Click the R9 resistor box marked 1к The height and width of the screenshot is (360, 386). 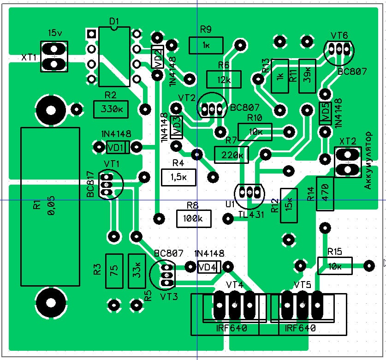click(x=206, y=45)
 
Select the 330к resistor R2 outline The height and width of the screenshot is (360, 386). click(x=111, y=109)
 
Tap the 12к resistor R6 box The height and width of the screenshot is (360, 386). click(x=224, y=79)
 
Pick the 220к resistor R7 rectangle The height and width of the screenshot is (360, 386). click(x=232, y=155)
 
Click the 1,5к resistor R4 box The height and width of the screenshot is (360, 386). click(x=178, y=177)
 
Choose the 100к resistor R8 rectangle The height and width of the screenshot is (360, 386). click(x=194, y=219)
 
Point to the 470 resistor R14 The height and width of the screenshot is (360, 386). click(x=325, y=194)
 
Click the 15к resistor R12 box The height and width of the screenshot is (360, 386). click(x=289, y=205)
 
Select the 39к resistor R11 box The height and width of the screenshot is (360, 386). click(x=307, y=76)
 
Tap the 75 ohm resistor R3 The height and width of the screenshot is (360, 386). click(x=114, y=271)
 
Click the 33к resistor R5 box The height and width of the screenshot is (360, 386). click(x=137, y=271)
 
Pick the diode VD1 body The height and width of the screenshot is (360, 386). click(x=118, y=147)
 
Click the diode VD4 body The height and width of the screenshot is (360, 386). click(x=209, y=267)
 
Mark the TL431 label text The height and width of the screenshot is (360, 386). click(x=251, y=215)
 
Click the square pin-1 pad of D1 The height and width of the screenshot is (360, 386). click(x=91, y=34)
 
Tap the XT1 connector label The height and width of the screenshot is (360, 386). click(x=29, y=57)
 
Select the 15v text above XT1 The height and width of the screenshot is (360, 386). click(x=55, y=32)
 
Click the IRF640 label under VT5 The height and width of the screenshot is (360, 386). click(x=300, y=328)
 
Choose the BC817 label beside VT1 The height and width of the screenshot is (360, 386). click(x=90, y=184)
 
